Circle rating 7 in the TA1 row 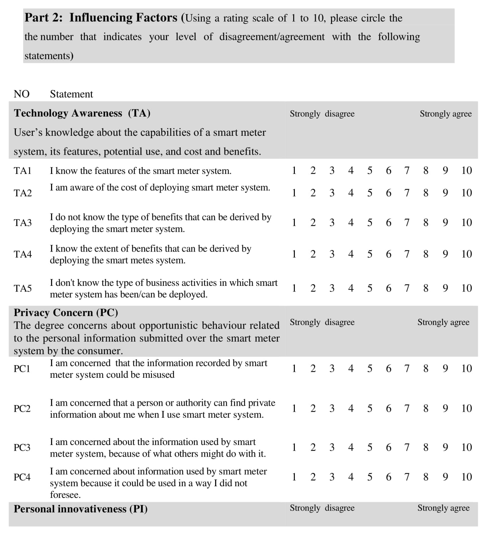coord(407,171)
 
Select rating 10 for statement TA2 coord(466,193)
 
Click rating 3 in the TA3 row coord(332,223)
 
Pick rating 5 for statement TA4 coord(369,254)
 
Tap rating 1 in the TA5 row coord(294,288)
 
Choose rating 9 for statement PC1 coord(445,368)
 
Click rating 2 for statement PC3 coord(313,447)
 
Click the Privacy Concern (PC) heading coord(66,313)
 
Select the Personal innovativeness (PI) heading coord(81,509)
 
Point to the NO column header coord(22,94)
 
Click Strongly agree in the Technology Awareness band coord(445,114)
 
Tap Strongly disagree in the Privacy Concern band coord(322,322)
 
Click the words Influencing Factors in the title coord(123,18)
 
